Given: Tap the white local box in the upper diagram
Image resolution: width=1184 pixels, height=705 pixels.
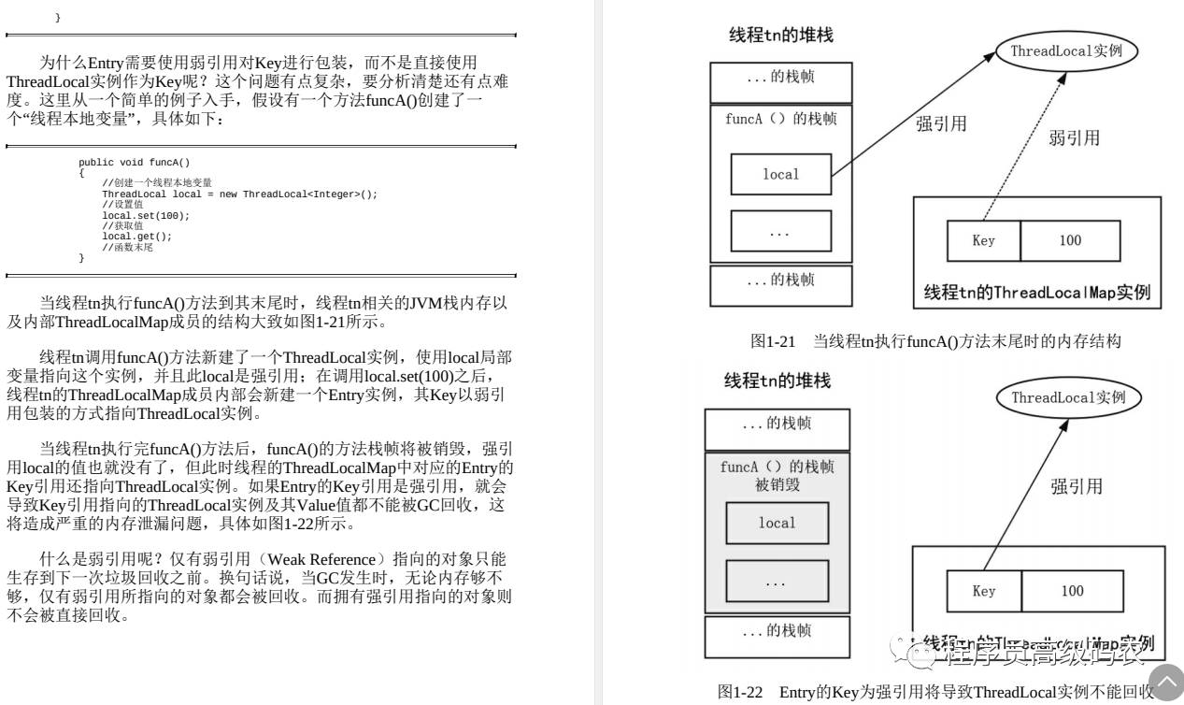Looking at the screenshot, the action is tap(780, 174).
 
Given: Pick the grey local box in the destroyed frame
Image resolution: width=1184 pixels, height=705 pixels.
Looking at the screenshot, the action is tap(777, 523).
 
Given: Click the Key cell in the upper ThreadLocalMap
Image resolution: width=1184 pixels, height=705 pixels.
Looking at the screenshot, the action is tap(983, 240).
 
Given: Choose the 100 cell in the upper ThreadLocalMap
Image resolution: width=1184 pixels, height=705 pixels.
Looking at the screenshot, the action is tap(1070, 240).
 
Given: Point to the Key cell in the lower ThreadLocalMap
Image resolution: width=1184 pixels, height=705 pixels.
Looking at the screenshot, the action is tap(983, 591).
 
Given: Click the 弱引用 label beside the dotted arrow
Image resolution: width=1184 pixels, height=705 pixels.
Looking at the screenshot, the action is tap(1074, 138).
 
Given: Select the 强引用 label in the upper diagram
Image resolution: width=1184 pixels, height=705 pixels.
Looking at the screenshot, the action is tap(941, 124).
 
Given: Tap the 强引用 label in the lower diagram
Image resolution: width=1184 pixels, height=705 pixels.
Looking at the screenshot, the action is tap(1076, 486).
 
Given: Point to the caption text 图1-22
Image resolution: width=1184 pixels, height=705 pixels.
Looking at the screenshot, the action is tap(740, 692).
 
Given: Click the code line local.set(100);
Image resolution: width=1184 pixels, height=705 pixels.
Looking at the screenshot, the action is tap(146, 215).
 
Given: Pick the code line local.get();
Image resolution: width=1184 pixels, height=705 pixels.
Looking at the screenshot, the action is tap(137, 236).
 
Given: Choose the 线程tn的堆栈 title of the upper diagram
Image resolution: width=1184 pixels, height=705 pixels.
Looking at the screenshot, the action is tap(780, 36).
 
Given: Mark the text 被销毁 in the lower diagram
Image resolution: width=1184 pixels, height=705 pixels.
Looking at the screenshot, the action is tap(777, 485).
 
